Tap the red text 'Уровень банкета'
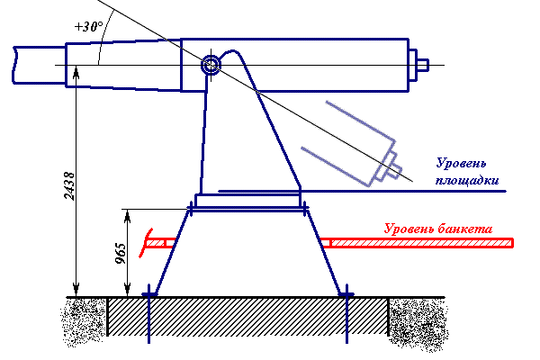click(438, 229)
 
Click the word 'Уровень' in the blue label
click(461, 163)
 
